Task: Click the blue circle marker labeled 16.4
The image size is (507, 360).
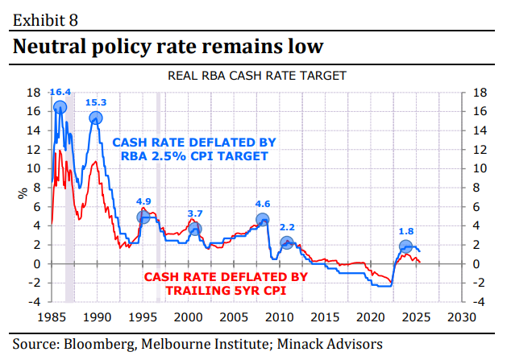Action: click(60, 107)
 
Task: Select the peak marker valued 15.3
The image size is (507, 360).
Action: click(96, 118)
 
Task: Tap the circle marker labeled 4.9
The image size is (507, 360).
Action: click(143, 217)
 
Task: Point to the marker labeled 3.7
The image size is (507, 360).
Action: click(195, 230)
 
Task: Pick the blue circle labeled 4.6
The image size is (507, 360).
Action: click(262, 219)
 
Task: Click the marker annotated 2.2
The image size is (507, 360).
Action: click(287, 242)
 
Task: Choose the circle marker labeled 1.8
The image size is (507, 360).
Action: click(406, 247)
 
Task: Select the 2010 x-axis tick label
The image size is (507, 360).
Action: click(280, 316)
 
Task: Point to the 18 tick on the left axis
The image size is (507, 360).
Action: click(35, 93)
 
